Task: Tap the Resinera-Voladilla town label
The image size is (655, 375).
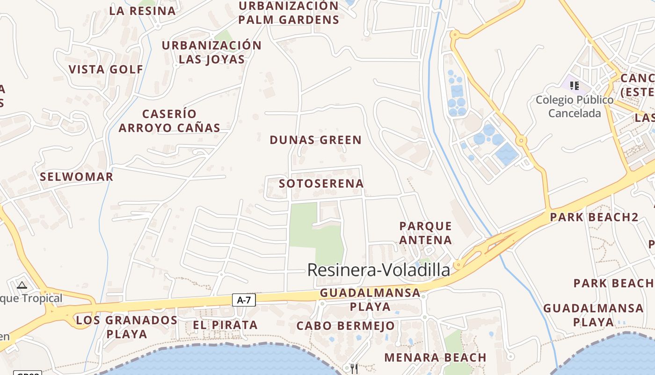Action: pos(378,270)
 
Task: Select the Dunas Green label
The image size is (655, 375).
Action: pos(316,140)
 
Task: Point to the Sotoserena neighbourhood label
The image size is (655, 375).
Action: pos(321,183)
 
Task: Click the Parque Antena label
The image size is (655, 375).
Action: pos(426,233)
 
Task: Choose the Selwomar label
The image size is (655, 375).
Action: pos(77,177)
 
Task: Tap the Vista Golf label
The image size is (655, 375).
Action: pos(106,69)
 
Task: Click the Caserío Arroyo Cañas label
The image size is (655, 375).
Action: pos(169,120)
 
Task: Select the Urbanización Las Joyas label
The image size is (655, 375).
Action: pos(212,52)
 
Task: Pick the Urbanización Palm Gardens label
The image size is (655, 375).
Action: pos(288,13)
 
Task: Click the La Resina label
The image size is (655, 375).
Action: pos(143,11)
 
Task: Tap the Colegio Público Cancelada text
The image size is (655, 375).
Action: pos(575,106)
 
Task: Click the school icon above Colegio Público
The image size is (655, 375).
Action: pos(575,85)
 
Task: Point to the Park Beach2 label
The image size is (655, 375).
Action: pos(594,217)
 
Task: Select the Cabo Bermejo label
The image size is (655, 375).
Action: pos(346,326)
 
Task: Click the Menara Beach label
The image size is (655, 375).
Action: pos(436,358)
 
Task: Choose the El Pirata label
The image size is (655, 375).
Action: pos(226,325)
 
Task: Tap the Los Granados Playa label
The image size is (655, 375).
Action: pos(127,327)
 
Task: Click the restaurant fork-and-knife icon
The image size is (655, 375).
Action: pos(354,368)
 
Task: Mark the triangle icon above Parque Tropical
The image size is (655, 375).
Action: pos(22,285)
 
